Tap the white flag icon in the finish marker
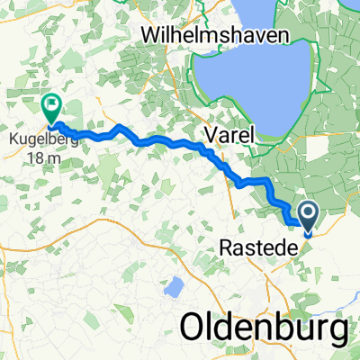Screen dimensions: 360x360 [51, 106]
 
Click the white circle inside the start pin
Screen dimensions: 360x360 [308, 213]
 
